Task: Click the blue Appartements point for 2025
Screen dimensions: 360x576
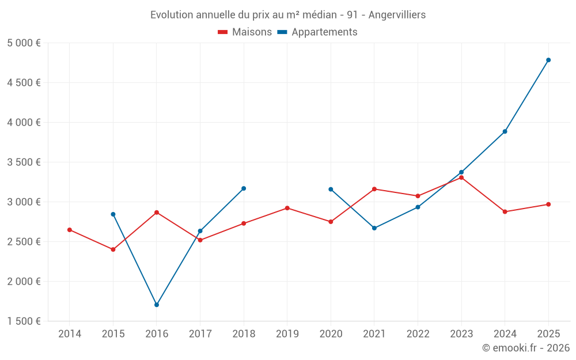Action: [x=548, y=60]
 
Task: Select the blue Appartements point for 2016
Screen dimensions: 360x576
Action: [x=157, y=305]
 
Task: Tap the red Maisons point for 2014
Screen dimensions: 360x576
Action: [x=70, y=230]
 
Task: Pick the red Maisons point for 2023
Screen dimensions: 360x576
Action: [x=461, y=177]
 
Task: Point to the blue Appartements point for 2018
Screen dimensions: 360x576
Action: [x=244, y=188]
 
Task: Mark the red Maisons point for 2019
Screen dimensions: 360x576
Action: [x=287, y=208]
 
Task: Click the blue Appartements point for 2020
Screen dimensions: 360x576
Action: [x=331, y=189]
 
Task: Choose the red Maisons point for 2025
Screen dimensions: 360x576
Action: [x=548, y=204]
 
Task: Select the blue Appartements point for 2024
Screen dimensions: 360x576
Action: [x=505, y=131]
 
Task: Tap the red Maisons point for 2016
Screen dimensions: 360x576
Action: [x=157, y=213]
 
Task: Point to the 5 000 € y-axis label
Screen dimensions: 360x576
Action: [x=24, y=43]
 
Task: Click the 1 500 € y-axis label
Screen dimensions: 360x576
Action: [x=24, y=321]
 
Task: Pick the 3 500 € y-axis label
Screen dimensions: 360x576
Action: [x=24, y=162]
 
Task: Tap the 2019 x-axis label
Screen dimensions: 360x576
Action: [x=287, y=334]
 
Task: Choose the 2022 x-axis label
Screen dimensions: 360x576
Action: [x=418, y=334]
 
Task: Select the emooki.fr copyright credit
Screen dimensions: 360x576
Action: [x=525, y=348]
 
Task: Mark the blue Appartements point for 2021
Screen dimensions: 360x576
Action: [x=374, y=228]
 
